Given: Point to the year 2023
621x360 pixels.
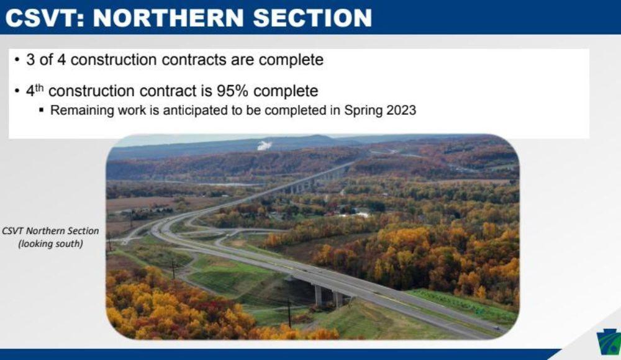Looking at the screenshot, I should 399,110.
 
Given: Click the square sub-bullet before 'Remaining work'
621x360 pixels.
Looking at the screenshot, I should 42,111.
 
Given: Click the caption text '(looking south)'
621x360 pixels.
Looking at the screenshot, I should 50,243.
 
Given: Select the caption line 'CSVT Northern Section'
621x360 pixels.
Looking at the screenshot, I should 50,230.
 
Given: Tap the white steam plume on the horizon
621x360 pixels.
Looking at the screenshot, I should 265,145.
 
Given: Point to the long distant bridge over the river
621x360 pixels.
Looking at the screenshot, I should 310,181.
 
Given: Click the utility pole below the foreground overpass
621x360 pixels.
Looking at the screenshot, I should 289,313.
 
